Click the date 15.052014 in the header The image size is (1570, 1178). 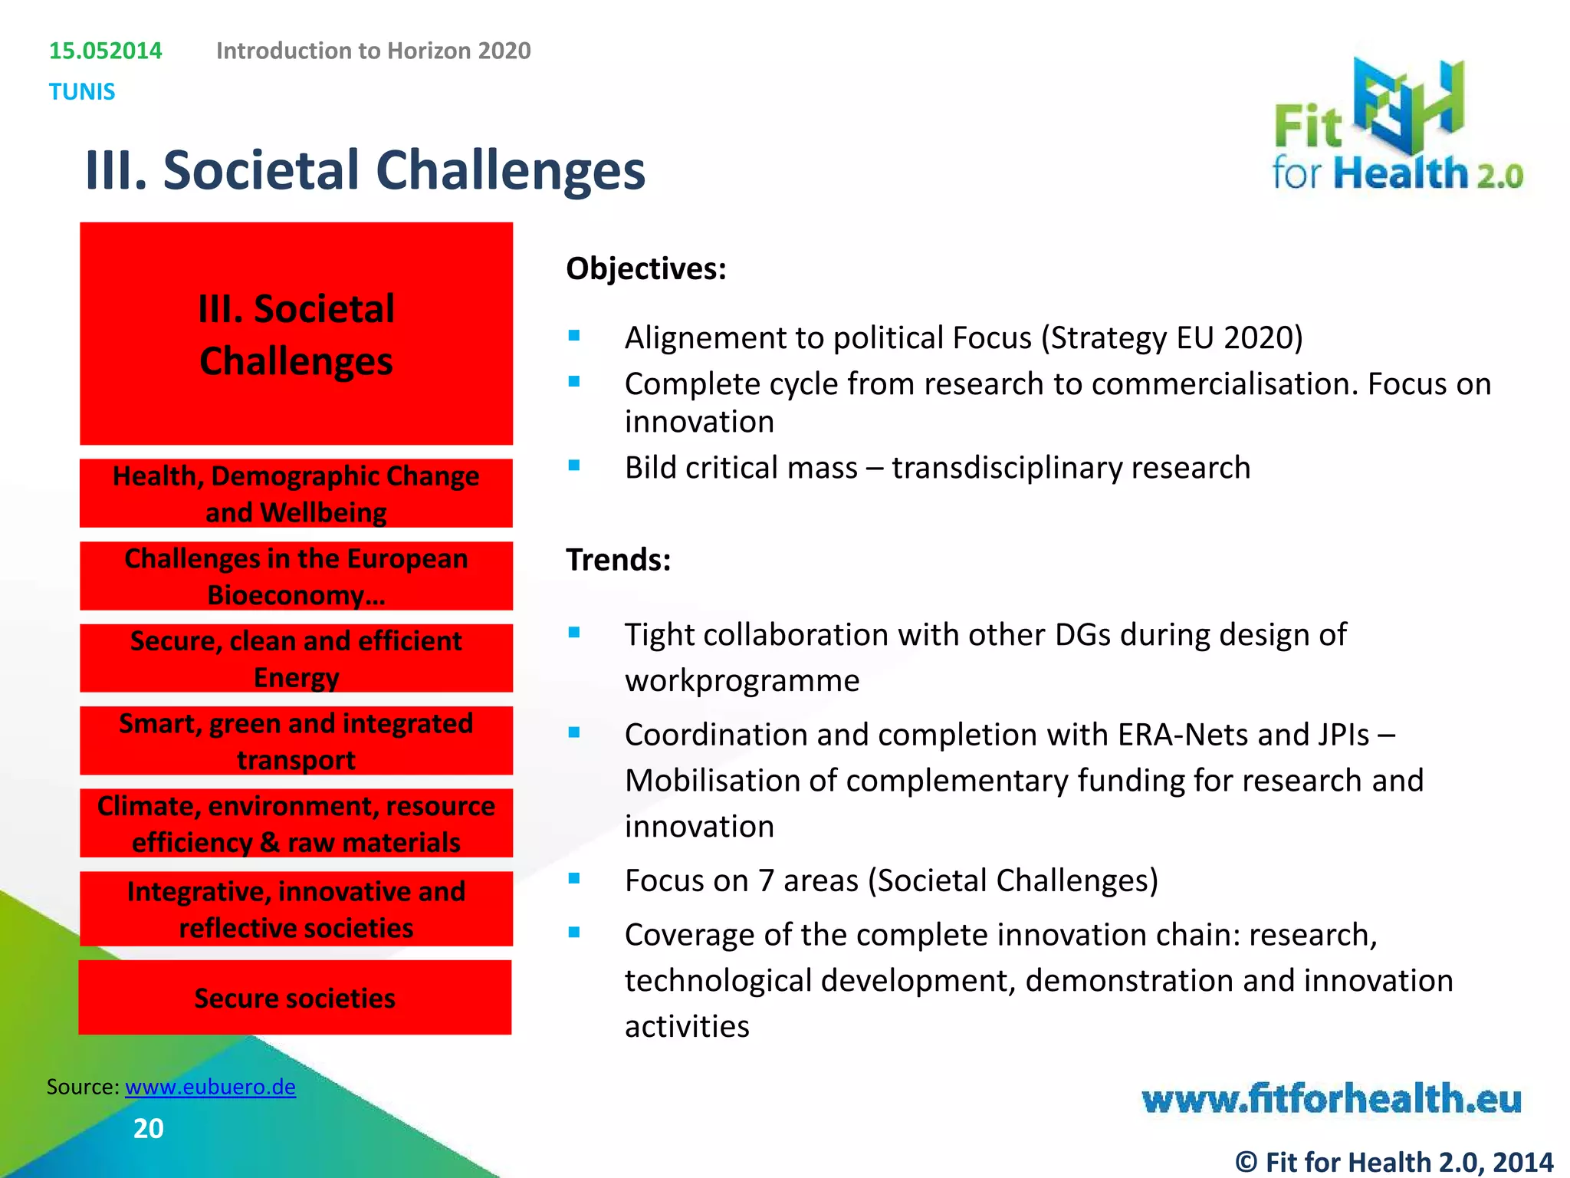tap(106, 51)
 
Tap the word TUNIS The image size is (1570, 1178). tap(82, 92)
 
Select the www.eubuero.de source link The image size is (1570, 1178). tap(210, 1087)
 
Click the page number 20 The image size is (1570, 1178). tap(148, 1128)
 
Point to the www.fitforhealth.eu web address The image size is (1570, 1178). tap(1331, 1099)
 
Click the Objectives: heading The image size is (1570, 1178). tap(645, 269)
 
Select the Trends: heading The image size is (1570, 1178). tap(618, 560)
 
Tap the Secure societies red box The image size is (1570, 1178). tap(295, 998)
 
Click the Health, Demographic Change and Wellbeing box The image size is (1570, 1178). tap(296, 493)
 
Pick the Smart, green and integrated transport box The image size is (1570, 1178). tap(296, 741)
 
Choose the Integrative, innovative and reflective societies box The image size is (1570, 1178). tap(296, 909)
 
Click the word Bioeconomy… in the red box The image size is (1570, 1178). tap(296, 595)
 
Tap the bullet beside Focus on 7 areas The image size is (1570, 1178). tap(574, 879)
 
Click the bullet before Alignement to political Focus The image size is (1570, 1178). tap(574, 335)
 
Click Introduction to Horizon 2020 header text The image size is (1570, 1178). tap(373, 51)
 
